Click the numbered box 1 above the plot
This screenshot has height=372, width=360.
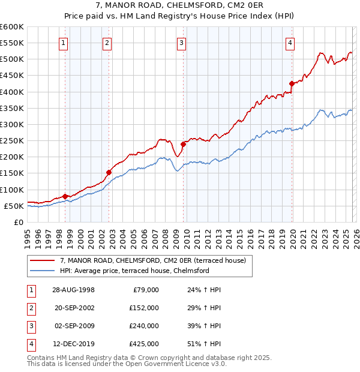click(x=64, y=43)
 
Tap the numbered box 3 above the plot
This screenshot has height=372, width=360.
click(x=181, y=43)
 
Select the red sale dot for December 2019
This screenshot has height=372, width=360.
click(x=292, y=83)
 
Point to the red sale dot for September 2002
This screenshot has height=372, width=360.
click(x=109, y=172)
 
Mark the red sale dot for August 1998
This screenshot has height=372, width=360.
click(x=65, y=196)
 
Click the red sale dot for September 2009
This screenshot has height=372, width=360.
click(x=183, y=143)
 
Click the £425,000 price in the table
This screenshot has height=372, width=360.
click(x=143, y=344)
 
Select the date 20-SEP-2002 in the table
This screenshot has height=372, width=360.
click(x=74, y=307)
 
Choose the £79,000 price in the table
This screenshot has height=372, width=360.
click(x=145, y=289)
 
